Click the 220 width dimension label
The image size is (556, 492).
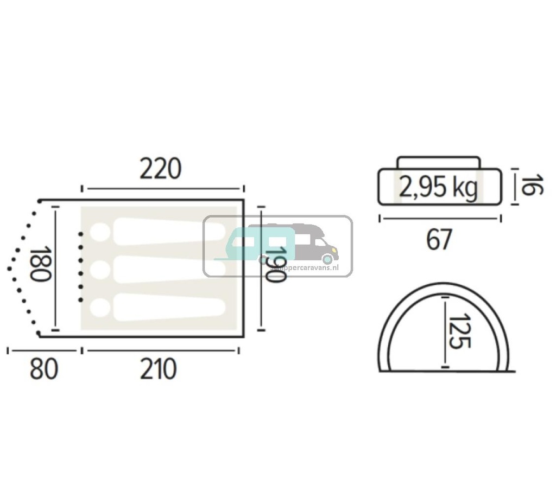click(x=160, y=169)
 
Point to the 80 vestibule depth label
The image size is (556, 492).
click(x=43, y=370)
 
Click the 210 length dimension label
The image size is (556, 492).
click(x=158, y=370)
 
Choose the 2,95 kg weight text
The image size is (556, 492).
click(x=438, y=188)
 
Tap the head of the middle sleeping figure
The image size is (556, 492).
click(x=99, y=270)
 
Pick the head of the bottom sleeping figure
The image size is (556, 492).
click(x=99, y=308)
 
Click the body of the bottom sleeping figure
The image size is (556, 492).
click(x=168, y=308)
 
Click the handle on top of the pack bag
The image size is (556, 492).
click(x=438, y=162)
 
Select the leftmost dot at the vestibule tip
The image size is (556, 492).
click(x=10, y=268)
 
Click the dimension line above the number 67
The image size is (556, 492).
click(x=439, y=219)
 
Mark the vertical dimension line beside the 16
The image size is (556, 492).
click(x=513, y=187)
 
